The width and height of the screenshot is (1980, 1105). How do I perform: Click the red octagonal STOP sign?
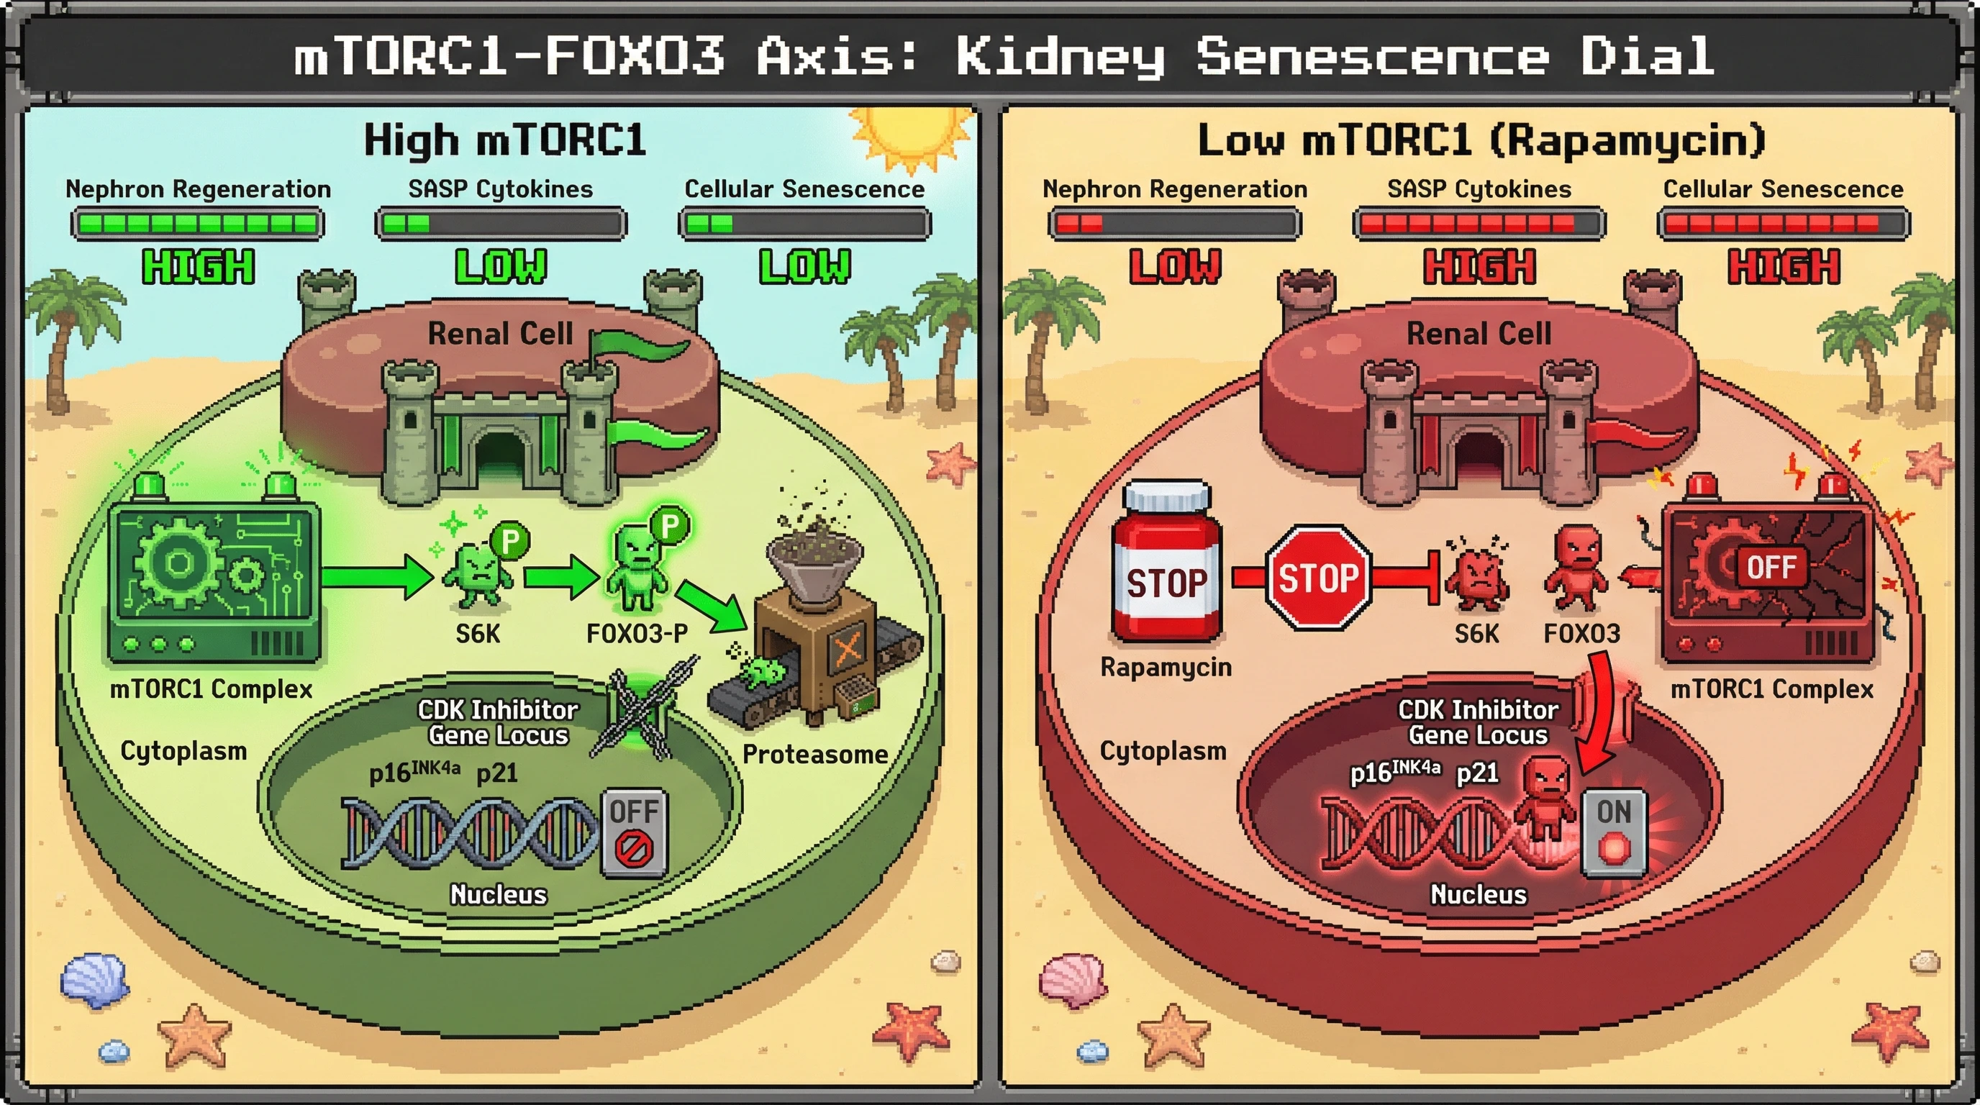tap(1318, 578)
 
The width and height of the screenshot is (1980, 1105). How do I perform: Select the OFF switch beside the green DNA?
tap(634, 832)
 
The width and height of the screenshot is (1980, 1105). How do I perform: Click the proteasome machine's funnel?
tap(815, 561)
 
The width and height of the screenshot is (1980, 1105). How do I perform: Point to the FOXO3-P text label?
tap(637, 633)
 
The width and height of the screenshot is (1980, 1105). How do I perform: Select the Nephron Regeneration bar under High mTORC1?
tap(198, 224)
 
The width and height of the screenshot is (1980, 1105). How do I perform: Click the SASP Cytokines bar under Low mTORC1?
tap(1479, 224)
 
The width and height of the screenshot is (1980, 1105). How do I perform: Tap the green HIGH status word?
tap(199, 267)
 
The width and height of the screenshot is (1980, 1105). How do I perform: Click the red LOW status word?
tap(1174, 267)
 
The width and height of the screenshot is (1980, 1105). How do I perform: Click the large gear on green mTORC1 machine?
tap(178, 563)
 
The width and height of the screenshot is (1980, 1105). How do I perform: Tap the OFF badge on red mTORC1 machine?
tap(1771, 567)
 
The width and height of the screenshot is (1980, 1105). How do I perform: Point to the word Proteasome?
tap(814, 754)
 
